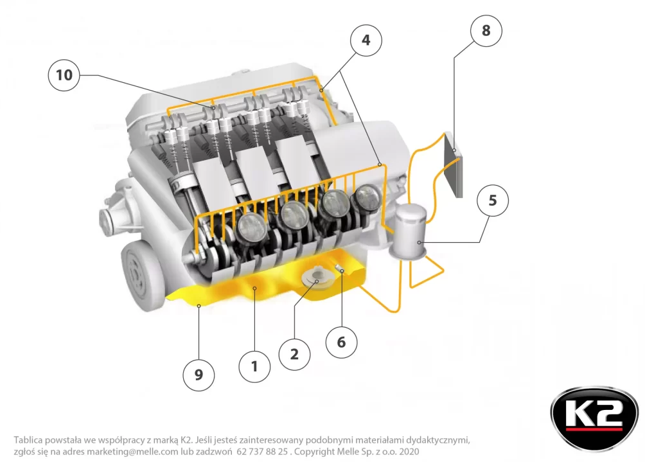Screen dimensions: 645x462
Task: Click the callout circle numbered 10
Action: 64,75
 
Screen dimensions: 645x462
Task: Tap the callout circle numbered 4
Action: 366,40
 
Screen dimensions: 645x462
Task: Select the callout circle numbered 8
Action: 486,30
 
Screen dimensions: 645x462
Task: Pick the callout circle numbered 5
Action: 492,200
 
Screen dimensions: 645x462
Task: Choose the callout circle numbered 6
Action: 341,342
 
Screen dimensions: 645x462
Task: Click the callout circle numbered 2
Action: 294,354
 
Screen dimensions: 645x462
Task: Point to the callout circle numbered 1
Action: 254,366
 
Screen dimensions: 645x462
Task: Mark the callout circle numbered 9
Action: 199,375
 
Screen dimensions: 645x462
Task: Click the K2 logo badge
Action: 594,418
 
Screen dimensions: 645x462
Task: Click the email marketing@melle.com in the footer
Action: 132,451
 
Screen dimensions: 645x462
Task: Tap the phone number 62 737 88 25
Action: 262,451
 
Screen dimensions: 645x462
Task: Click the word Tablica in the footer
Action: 28,440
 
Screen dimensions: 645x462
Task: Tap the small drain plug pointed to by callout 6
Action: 339,268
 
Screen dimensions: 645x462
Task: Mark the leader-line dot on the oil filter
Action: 419,243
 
